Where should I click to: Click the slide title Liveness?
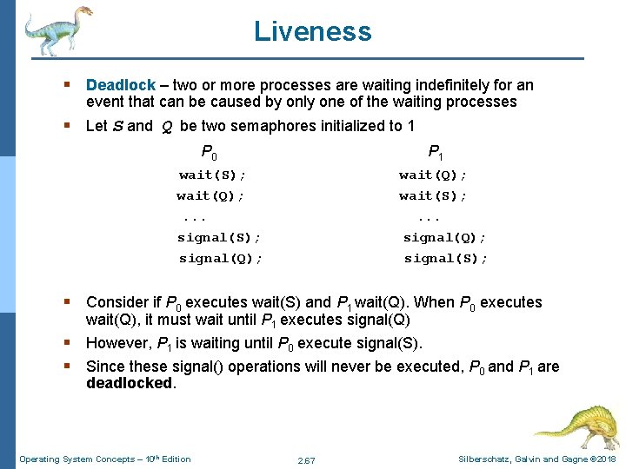[x=312, y=32]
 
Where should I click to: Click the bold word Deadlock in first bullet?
[x=120, y=85]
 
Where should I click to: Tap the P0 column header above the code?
[x=209, y=154]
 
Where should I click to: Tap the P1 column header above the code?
[x=435, y=154]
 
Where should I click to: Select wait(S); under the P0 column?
[x=206, y=175]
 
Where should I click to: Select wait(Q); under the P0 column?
[x=210, y=196]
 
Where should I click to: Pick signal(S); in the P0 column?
[x=219, y=237]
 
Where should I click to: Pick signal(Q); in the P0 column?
[x=221, y=258]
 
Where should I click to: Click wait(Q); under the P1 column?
[x=433, y=175]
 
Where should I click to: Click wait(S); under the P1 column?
[x=433, y=196]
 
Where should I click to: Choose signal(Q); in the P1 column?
[x=445, y=237]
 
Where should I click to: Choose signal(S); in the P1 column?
[x=446, y=258]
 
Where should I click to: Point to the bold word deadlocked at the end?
[x=130, y=383]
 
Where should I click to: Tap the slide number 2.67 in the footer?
[x=305, y=459]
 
